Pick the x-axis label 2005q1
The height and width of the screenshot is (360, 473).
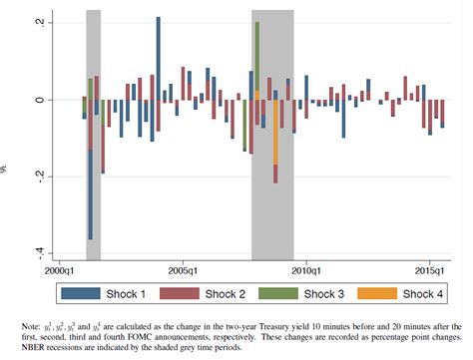point(185,269)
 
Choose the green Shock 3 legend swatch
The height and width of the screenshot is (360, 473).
point(281,292)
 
